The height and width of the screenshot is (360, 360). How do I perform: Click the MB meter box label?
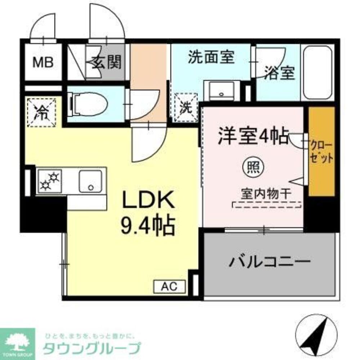click(x=43, y=63)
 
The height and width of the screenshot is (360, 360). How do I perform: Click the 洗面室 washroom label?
click(x=211, y=57)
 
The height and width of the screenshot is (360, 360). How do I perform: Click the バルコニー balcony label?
click(x=269, y=261)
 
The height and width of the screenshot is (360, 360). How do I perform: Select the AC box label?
click(x=169, y=287)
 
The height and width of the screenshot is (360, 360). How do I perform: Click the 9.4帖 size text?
click(x=147, y=225)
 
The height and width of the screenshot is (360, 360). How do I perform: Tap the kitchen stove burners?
click(x=50, y=181)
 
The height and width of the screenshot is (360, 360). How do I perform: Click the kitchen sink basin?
click(x=90, y=181)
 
